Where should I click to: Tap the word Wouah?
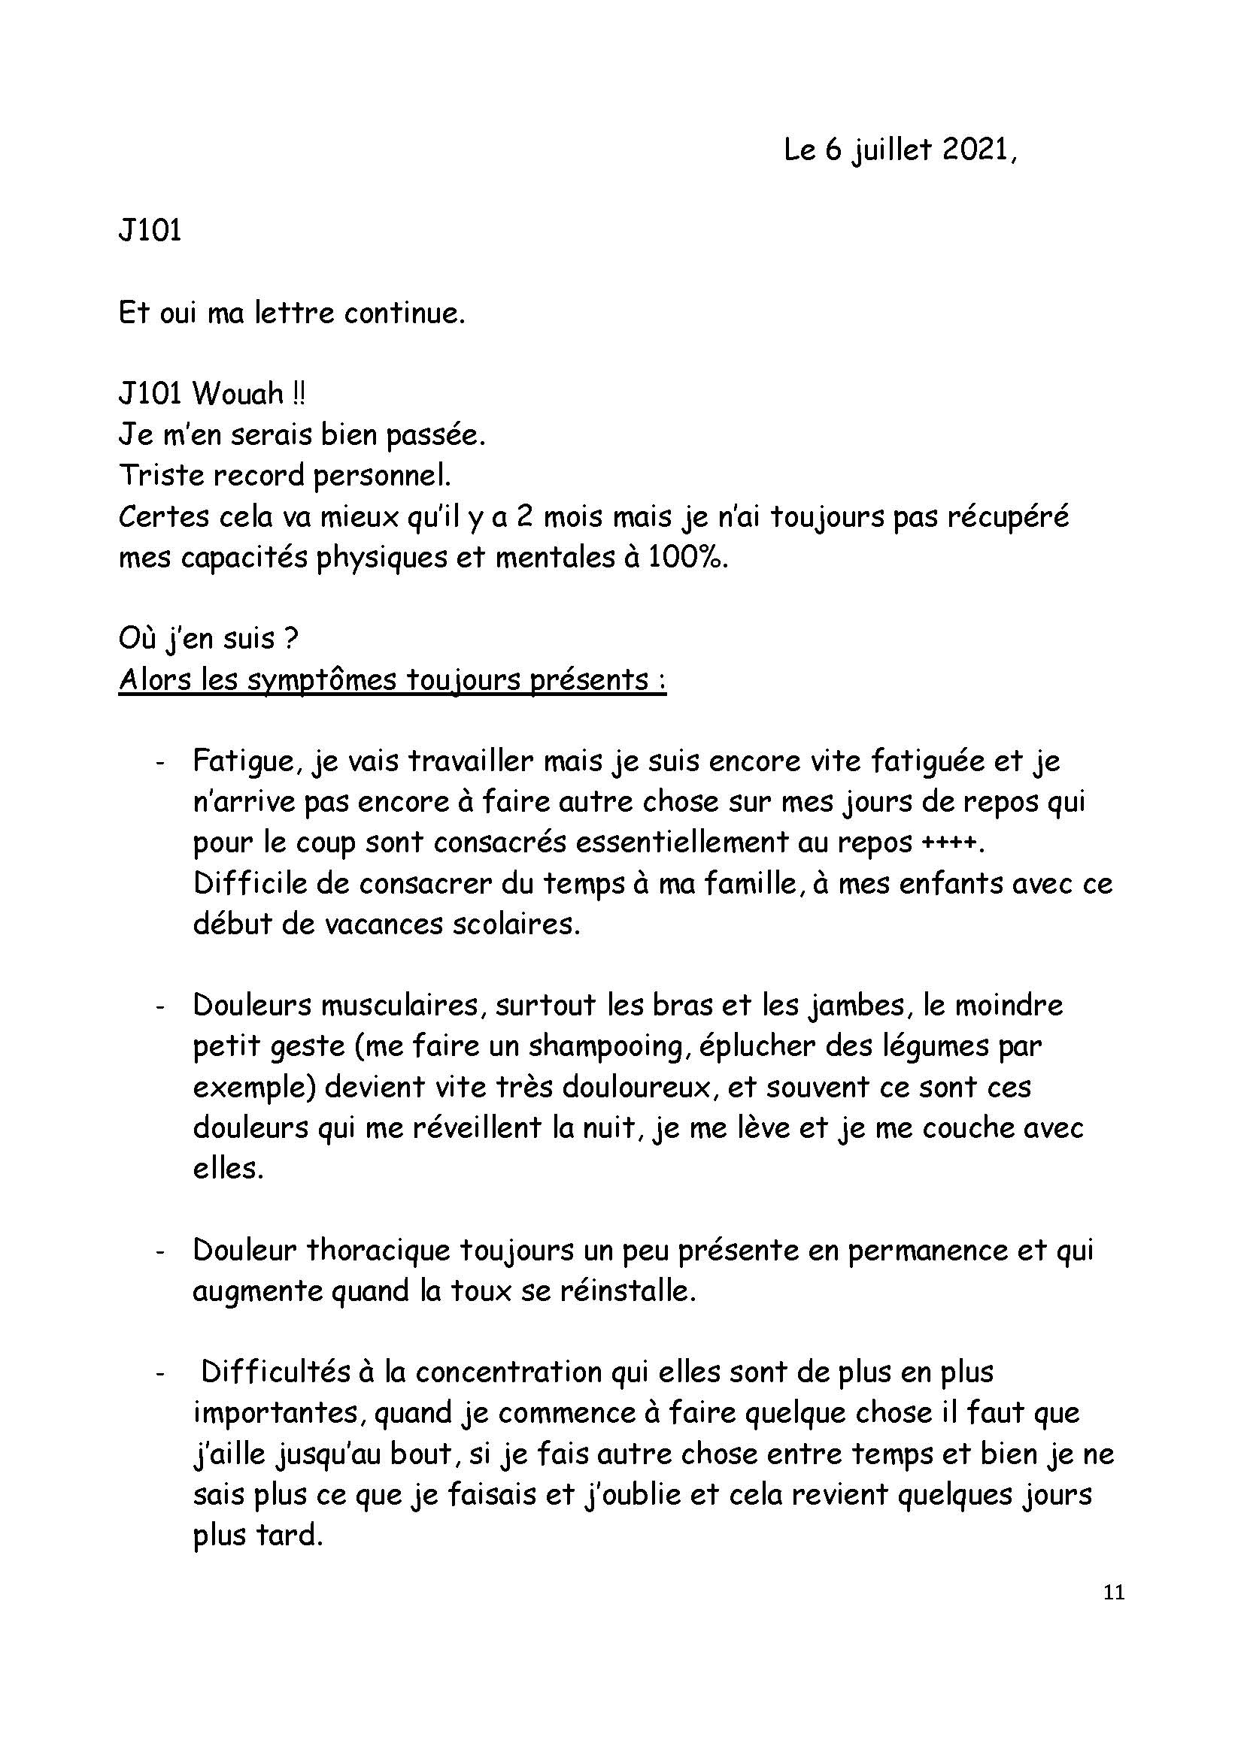pyautogui.click(x=238, y=395)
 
